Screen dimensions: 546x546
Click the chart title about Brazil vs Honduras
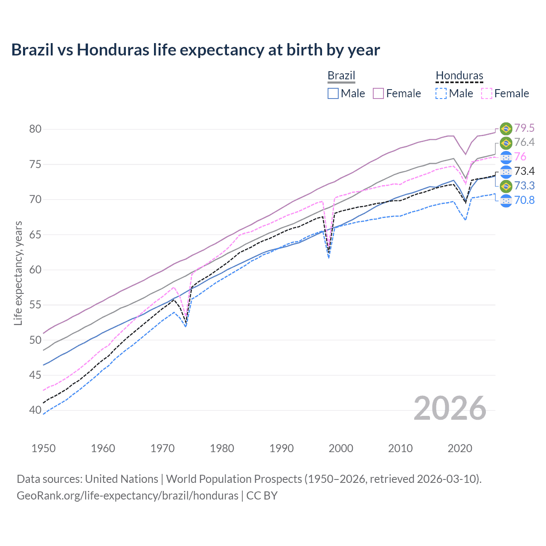click(x=195, y=50)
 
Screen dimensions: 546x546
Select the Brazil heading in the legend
click(x=341, y=76)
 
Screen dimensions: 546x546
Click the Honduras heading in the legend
click(x=459, y=76)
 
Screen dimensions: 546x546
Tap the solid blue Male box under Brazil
click(x=333, y=93)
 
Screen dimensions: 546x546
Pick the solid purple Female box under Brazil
click(x=378, y=93)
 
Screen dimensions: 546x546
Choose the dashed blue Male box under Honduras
click(x=441, y=93)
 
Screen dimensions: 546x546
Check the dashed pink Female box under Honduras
click(x=487, y=93)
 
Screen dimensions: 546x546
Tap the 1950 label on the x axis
click(x=44, y=448)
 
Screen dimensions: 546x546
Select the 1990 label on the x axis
click(x=282, y=448)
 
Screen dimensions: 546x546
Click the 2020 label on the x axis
click(x=460, y=448)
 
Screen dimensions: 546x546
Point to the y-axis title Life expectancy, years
click(x=18, y=273)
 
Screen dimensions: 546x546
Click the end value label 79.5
click(x=524, y=128)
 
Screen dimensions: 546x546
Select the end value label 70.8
click(x=524, y=200)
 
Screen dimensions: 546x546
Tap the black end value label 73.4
click(x=524, y=171)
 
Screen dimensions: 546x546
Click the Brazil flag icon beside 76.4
click(x=506, y=142)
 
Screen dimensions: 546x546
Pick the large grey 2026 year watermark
click(x=450, y=409)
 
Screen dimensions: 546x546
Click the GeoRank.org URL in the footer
click(x=127, y=496)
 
